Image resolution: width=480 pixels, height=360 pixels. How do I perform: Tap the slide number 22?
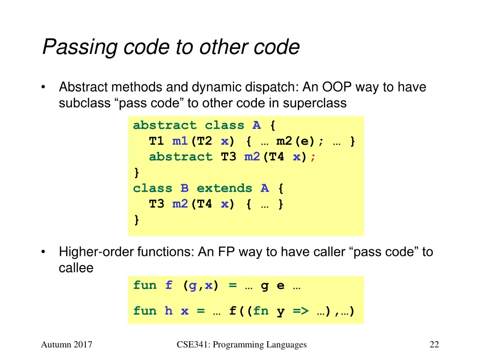click(434, 345)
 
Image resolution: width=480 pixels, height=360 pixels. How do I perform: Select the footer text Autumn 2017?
click(66, 345)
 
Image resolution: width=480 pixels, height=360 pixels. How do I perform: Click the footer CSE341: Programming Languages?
click(242, 345)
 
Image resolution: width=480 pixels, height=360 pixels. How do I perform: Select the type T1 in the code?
click(157, 141)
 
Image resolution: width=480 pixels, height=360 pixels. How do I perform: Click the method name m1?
click(180, 141)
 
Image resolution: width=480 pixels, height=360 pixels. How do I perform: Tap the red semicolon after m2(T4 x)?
click(313, 157)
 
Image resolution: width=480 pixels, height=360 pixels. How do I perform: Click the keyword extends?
click(224, 188)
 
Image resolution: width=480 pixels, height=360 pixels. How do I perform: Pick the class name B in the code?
click(185, 188)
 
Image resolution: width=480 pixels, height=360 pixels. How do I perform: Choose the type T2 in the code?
click(204, 141)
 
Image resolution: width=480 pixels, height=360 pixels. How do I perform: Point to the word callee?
click(76, 268)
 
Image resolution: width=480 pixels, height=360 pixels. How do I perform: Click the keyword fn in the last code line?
click(260, 311)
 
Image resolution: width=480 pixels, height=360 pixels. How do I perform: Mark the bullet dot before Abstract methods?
click(44, 88)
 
